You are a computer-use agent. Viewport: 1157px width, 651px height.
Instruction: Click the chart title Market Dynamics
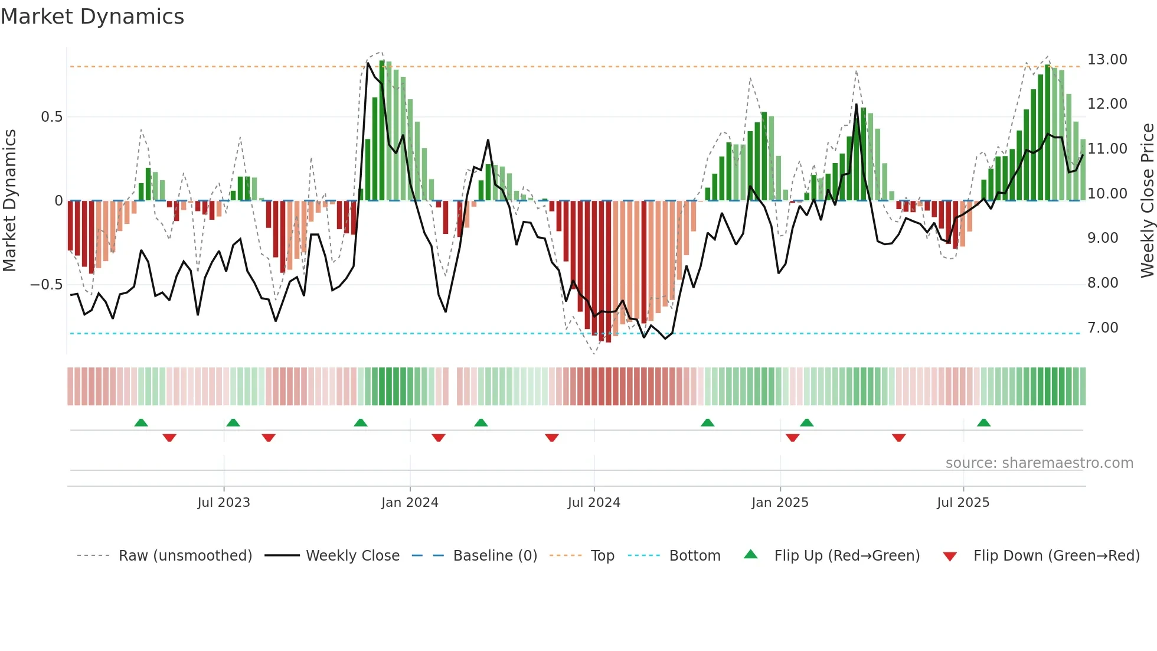pos(92,17)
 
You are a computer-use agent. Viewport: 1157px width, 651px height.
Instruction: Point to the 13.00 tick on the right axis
pos(1107,60)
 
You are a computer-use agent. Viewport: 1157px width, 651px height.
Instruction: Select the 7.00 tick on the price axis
pos(1103,328)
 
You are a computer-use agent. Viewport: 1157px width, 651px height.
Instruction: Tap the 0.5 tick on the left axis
pos(51,117)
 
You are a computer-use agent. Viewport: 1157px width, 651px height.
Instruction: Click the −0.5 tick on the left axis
pos(47,285)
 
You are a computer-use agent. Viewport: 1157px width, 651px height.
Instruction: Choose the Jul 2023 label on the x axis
pos(224,503)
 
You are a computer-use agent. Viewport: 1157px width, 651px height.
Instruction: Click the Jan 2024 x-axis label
pos(410,503)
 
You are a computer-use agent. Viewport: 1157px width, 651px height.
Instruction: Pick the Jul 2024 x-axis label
pos(594,503)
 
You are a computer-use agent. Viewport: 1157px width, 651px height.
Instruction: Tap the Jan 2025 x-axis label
pos(780,503)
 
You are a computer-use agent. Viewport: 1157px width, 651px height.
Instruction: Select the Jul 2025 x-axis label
pos(963,503)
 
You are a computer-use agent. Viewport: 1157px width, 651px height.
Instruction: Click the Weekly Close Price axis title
pos(1147,201)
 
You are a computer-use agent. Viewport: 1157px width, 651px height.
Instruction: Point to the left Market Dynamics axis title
pos(9,201)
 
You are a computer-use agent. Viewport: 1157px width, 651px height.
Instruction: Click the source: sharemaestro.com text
pos(1039,463)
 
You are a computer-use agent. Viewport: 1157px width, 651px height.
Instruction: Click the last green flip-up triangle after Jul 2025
pos(983,422)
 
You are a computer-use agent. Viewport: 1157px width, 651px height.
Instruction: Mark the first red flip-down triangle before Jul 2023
pos(169,438)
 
